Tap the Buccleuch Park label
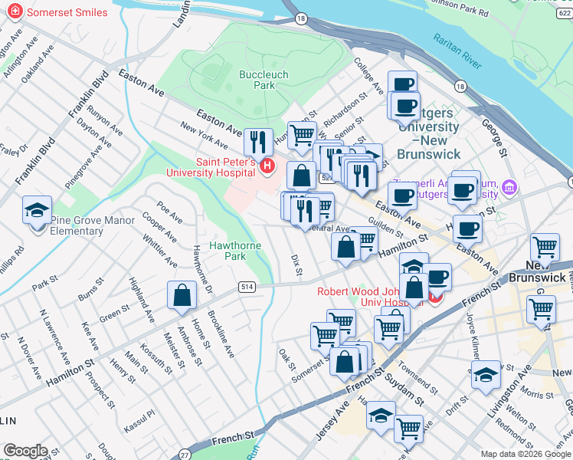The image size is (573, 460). pyautogui.click(x=257, y=80)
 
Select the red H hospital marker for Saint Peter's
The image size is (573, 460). pyautogui.click(x=267, y=166)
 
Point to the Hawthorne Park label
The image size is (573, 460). pyautogui.click(x=237, y=251)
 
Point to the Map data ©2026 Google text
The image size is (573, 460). pyautogui.click(x=526, y=454)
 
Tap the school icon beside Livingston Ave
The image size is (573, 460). pyautogui.click(x=486, y=374)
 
